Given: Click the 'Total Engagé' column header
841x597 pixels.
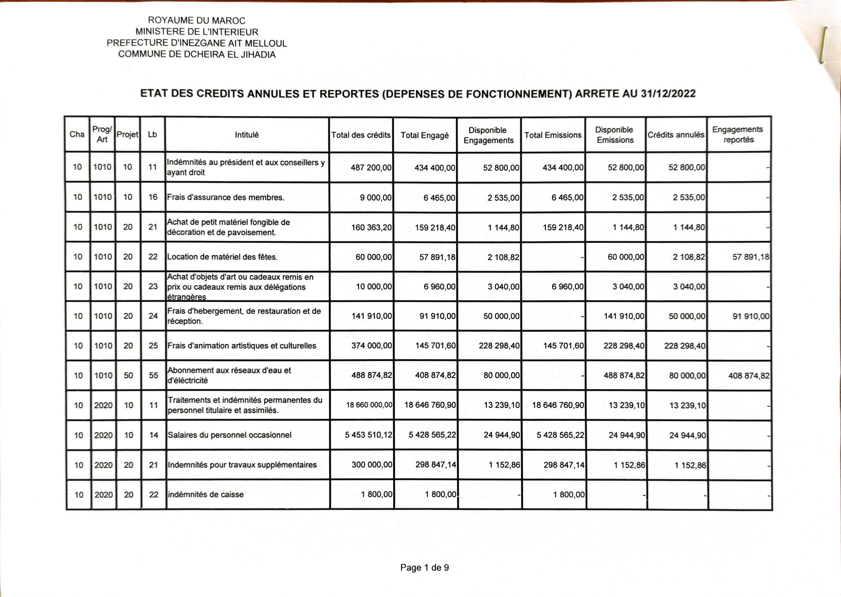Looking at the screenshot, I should (424, 135).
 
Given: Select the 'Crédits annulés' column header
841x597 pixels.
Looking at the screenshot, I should (675, 135).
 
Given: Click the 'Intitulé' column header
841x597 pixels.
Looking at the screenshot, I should (247, 135).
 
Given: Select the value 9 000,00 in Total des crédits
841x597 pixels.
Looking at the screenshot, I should (376, 197).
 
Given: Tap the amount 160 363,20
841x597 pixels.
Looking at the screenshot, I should (372, 227).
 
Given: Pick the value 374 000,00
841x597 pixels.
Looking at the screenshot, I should (372, 345).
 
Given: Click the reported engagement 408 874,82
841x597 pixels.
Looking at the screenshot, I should (748, 376).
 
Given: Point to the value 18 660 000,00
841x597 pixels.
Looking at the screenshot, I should (369, 405).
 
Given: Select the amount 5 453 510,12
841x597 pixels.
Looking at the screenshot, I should (369, 435).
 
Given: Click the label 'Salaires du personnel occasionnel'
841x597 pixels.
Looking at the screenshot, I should (229, 435).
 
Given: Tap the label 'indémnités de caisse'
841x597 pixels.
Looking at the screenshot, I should (206, 495).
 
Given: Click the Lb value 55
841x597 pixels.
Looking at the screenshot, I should (153, 375).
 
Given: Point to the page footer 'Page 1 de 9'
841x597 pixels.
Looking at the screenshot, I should (424, 567).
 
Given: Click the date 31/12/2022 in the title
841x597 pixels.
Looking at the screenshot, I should (668, 94).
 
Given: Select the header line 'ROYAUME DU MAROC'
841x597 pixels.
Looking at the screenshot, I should (196, 21).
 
